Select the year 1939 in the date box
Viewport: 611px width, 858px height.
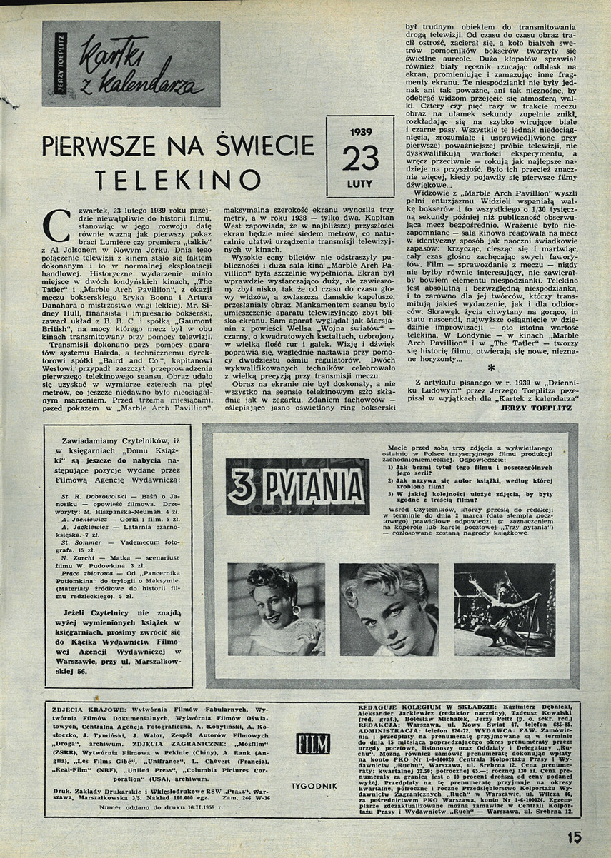pyautogui.click(x=360, y=132)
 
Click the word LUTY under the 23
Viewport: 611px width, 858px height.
pyautogui.click(x=360, y=183)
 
